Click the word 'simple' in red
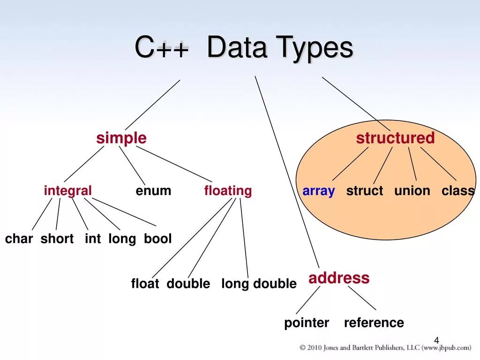(121, 138)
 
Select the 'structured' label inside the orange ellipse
(395, 138)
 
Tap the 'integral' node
(68, 191)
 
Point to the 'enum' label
(153, 191)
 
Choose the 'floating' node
(228, 191)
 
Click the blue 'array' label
(319, 191)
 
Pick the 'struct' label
(365, 191)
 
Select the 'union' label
(412, 191)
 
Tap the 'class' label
(458, 191)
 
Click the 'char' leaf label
(19, 239)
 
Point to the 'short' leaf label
(57, 239)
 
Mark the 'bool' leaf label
(158, 239)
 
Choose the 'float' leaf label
(145, 284)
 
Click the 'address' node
(339, 278)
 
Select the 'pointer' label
(307, 323)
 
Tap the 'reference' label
(374, 323)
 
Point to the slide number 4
(436, 340)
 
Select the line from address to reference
(362, 298)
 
